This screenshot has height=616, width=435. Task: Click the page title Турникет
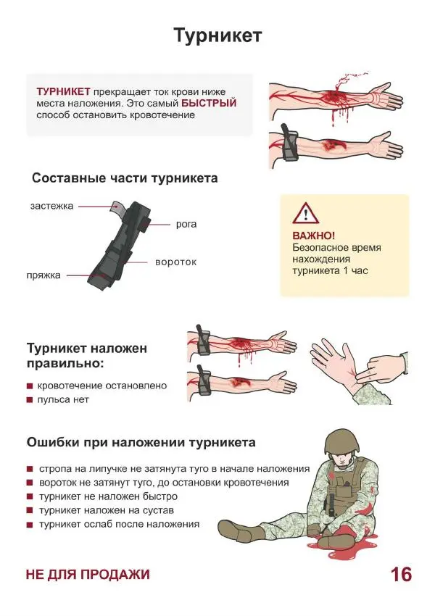click(217, 36)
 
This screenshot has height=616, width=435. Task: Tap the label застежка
click(51, 206)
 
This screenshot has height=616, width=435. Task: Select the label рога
click(186, 224)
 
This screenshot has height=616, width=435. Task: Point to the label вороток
click(176, 261)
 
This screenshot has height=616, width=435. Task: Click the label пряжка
click(43, 275)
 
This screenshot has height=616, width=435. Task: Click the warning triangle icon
click(305, 213)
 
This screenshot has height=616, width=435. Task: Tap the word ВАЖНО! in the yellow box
click(313, 236)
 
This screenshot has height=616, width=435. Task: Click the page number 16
click(401, 575)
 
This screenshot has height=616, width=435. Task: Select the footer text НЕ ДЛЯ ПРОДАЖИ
click(88, 575)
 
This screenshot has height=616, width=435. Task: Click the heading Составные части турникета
click(125, 178)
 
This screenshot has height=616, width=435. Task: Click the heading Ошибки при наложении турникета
click(141, 442)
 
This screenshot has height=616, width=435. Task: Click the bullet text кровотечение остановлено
click(101, 386)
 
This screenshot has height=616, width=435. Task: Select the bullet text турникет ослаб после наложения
click(119, 524)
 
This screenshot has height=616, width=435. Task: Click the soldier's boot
click(250, 533)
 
